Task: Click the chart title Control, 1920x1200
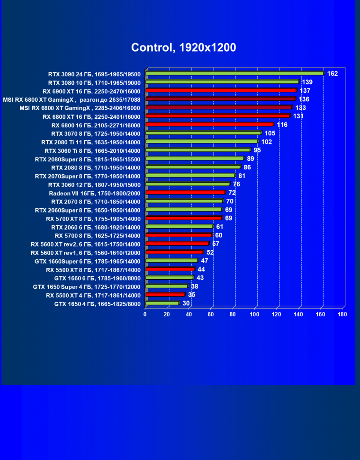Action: click(x=183, y=47)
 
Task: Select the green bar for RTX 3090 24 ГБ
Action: click(x=234, y=73)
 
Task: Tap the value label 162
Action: click(x=333, y=73)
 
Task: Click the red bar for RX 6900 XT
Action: click(x=221, y=90)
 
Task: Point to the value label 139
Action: click(x=307, y=82)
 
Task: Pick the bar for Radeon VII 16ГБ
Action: click(x=185, y=193)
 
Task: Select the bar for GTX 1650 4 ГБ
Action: click(x=162, y=303)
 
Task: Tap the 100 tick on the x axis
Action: click(x=255, y=314)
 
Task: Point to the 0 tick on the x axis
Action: click(x=145, y=314)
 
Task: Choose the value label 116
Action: click(x=282, y=124)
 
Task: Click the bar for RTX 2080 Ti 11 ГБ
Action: click(x=202, y=142)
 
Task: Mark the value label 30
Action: click(x=186, y=303)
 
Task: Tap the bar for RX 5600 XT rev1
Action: click(x=174, y=252)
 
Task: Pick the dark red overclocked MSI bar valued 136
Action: click(x=220, y=99)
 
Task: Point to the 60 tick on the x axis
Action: click(x=211, y=314)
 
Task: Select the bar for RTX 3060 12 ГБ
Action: click(x=188, y=184)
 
